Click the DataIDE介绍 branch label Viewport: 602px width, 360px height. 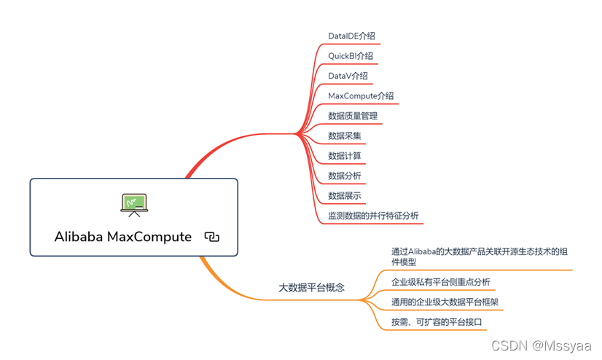click(351, 36)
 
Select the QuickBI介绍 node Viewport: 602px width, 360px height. click(351, 55)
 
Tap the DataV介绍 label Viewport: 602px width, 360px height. click(348, 76)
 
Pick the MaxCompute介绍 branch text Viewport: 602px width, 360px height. click(361, 95)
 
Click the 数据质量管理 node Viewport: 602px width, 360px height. click(353, 115)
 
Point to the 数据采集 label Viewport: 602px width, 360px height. click(344, 136)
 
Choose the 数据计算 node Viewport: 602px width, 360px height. click(344, 155)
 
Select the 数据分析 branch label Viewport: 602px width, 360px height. click(344, 176)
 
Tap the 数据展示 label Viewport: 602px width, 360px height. click(344, 195)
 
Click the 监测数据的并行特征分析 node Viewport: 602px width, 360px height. click(373, 216)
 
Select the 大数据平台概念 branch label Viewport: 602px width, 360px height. click(312, 288)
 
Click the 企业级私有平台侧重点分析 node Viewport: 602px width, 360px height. click(440, 282)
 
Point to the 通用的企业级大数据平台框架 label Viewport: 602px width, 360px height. click(445, 302)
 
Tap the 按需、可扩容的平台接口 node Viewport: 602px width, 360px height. click(437, 321)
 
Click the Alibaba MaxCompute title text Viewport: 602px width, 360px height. click(122, 237)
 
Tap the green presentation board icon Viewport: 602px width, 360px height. click(133, 204)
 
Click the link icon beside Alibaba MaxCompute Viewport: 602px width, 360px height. click(212, 237)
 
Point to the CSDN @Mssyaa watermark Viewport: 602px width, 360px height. click(541, 344)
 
